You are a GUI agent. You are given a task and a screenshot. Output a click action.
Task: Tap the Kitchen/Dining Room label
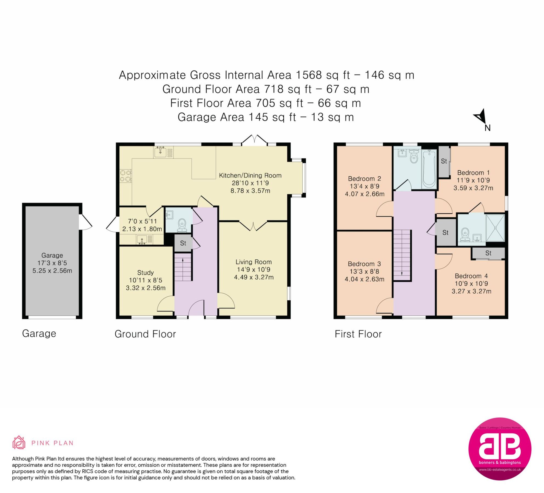coord(250,176)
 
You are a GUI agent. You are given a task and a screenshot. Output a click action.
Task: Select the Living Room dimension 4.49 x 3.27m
coord(254,277)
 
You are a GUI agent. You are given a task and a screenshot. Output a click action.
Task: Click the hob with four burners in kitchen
coord(126,176)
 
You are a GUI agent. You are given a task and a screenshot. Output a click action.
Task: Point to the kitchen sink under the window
coord(160,151)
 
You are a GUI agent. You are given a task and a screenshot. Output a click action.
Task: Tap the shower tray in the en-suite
coord(495,228)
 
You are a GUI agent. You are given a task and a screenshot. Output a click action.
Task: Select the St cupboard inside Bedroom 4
coord(488,253)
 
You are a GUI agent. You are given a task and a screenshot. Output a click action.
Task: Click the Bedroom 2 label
coord(364,179)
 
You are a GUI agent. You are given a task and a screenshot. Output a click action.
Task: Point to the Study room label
coord(145,273)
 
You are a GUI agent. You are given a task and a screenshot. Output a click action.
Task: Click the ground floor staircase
coord(183,267)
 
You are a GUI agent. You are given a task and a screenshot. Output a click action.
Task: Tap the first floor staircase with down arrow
coord(402,255)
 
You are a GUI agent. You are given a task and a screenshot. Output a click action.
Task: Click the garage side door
coord(85,222)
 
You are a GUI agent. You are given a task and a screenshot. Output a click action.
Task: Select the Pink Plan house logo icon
coord(19,443)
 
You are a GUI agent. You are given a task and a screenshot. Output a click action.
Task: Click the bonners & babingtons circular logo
coord(500,449)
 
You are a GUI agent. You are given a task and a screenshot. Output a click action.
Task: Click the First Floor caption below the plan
coord(358,334)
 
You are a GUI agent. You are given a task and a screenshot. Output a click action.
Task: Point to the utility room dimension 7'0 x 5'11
coord(142,221)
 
